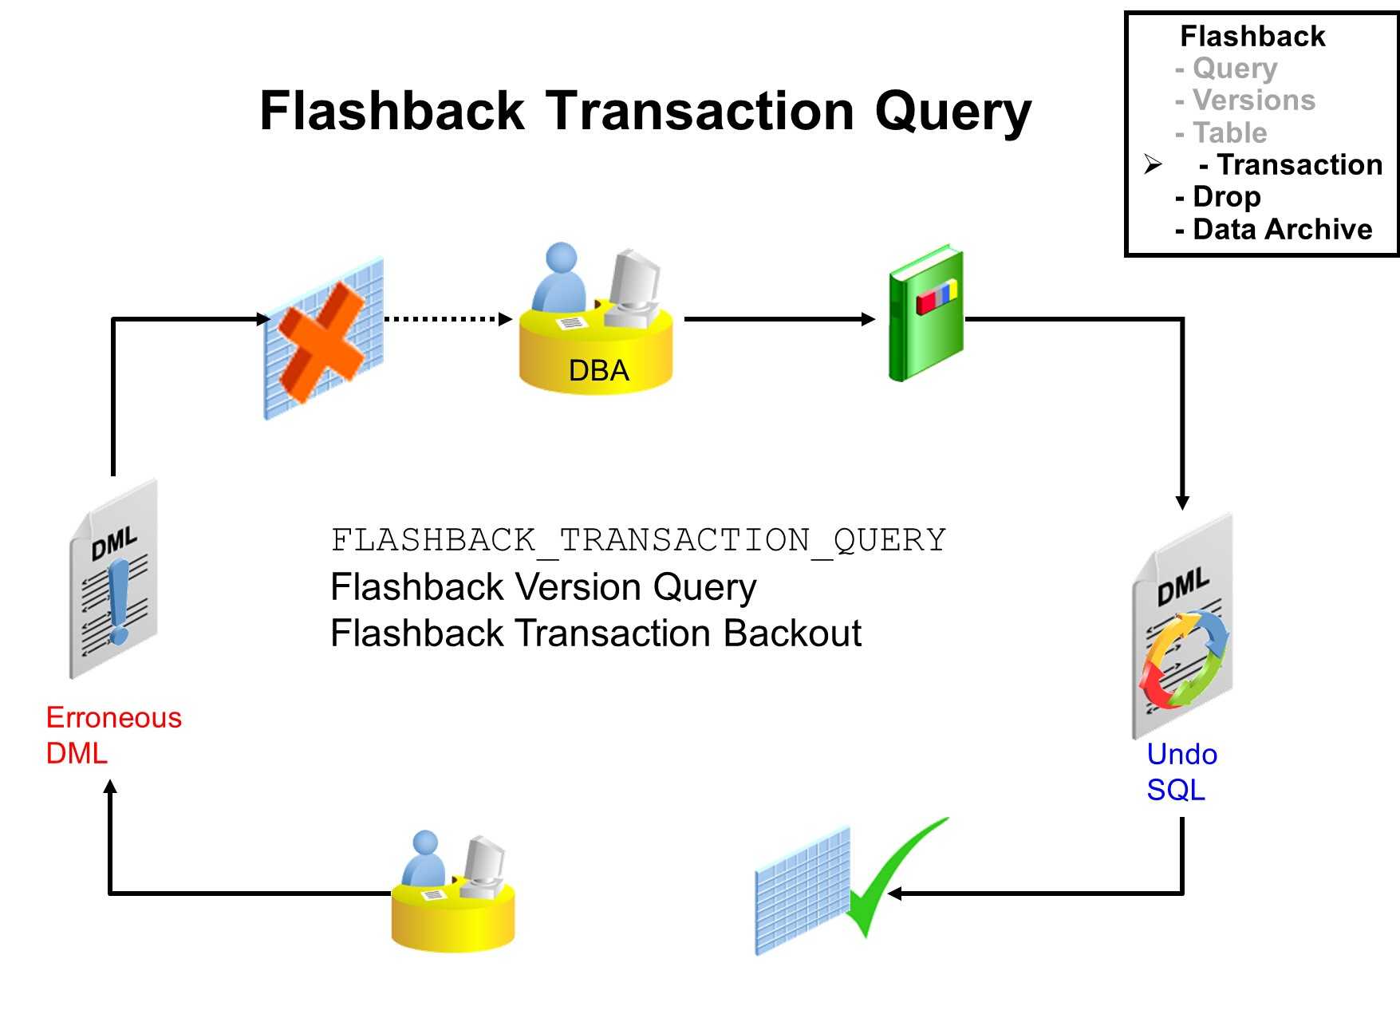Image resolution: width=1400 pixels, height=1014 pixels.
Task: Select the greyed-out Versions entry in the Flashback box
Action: [x=1253, y=101]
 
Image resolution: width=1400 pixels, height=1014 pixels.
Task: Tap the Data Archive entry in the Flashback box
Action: [x=1282, y=230]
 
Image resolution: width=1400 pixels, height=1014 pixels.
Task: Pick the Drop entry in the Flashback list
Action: [x=1226, y=197]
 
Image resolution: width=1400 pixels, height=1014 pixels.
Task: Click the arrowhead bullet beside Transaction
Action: [x=1153, y=164]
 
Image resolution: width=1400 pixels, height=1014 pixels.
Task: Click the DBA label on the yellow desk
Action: [x=598, y=371]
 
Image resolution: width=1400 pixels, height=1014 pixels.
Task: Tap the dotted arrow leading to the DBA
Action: [x=447, y=319]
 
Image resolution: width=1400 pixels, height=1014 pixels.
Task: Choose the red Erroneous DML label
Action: [x=113, y=735]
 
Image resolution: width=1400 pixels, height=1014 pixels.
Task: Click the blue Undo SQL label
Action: [x=1181, y=771]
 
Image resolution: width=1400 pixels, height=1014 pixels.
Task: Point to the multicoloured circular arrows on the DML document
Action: [x=1184, y=659]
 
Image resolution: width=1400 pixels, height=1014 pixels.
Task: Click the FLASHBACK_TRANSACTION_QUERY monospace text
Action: [x=638, y=540]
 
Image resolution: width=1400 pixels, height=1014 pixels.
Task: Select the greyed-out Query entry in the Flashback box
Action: [x=1234, y=69]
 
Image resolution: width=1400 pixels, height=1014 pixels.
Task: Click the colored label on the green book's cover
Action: [x=937, y=297]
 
